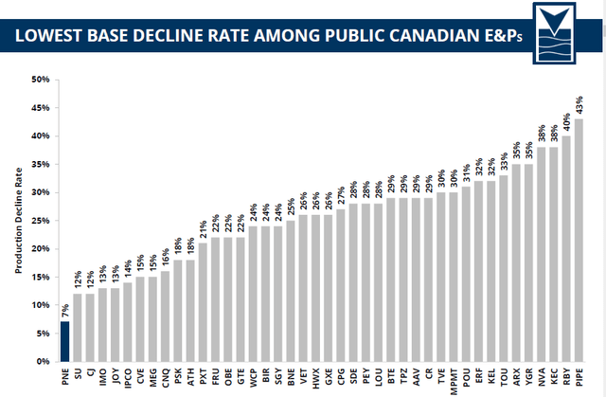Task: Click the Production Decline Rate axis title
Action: point(16,220)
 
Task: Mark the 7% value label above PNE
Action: point(65,309)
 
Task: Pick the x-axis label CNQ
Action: point(165,375)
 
